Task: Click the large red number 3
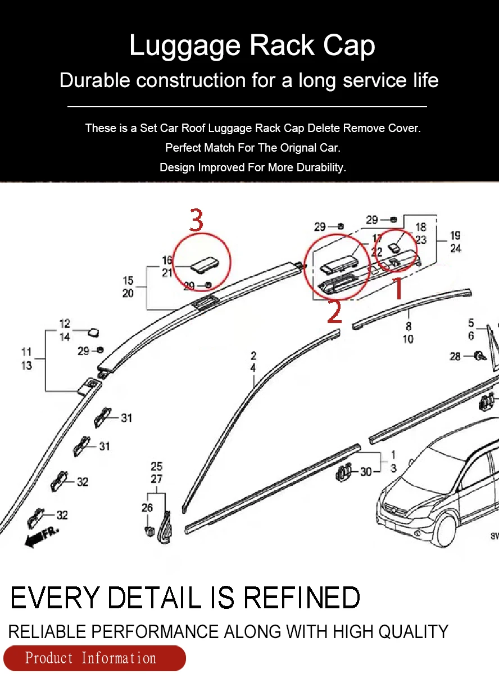[x=196, y=220]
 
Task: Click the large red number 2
[x=334, y=312]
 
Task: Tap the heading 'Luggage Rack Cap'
[x=252, y=45]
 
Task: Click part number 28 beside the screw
[x=455, y=356]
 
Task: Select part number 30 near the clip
[x=366, y=472]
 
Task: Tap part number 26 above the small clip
[x=147, y=508]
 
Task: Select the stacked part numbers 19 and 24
[x=456, y=242]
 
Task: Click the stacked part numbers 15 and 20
[x=128, y=286]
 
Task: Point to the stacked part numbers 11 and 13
[x=26, y=359]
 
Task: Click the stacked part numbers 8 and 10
[x=408, y=333]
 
